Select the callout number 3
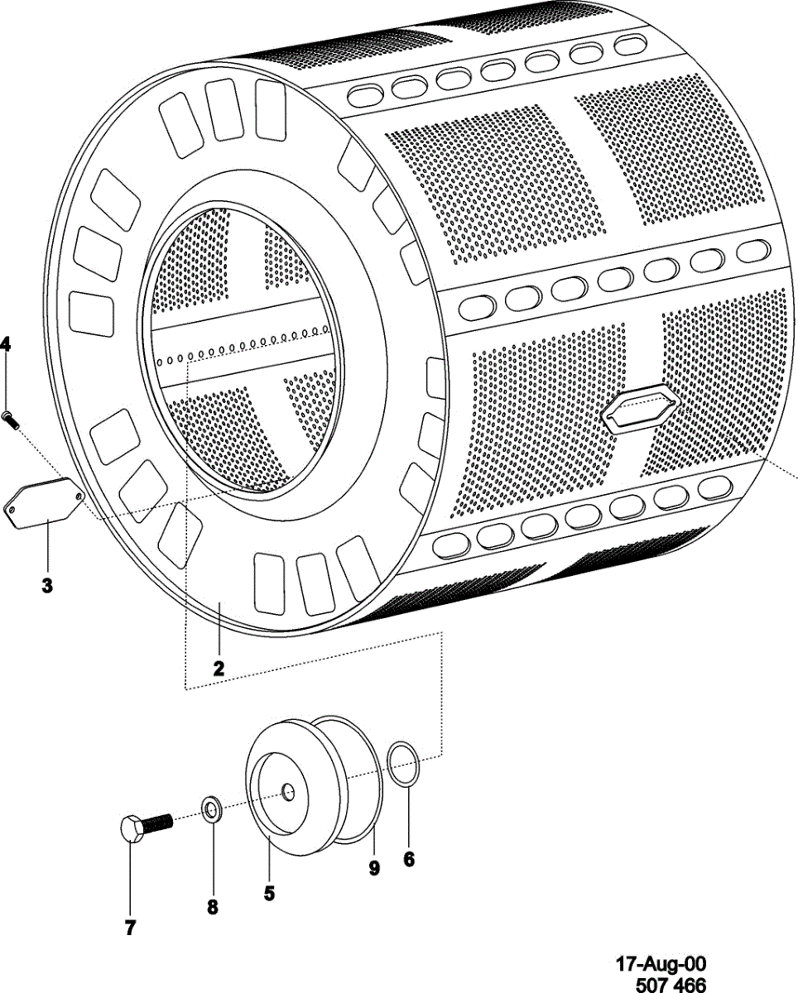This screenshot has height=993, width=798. [47, 586]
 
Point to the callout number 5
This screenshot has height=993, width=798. [269, 894]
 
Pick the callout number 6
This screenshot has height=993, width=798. [409, 859]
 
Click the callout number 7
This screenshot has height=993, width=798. [130, 928]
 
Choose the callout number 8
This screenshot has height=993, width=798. [213, 908]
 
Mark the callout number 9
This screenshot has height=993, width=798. [374, 867]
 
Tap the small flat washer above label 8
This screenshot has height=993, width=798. [212, 807]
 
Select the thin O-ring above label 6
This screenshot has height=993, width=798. [404, 765]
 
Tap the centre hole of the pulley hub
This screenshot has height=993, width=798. [287, 792]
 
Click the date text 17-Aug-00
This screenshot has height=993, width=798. [661, 964]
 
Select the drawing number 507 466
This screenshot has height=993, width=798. [671, 984]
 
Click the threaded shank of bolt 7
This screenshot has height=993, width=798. [160, 823]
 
